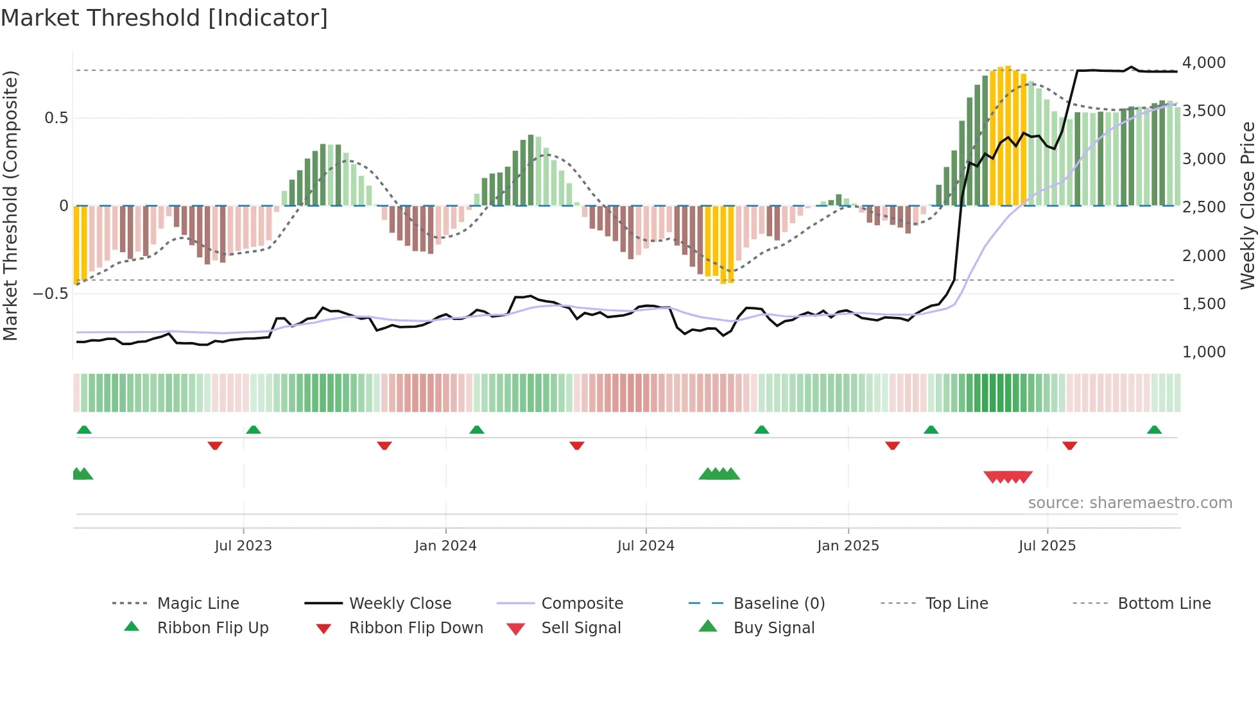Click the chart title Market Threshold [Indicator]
[164, 18]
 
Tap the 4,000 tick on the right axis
[1203, 63]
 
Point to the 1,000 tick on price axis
[1203, 352]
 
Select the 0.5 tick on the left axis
[56, 118]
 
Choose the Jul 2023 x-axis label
[243, 546]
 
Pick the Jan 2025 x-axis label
[848, 546]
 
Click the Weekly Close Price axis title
[1247, 205]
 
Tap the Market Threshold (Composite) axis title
[10, 205]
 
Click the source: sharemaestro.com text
[1130, 503]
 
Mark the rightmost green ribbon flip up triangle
[1154, 430]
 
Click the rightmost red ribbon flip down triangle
[1069, 445]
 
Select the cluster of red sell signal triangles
[1008, 477]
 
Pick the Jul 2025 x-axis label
[1047, 546]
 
